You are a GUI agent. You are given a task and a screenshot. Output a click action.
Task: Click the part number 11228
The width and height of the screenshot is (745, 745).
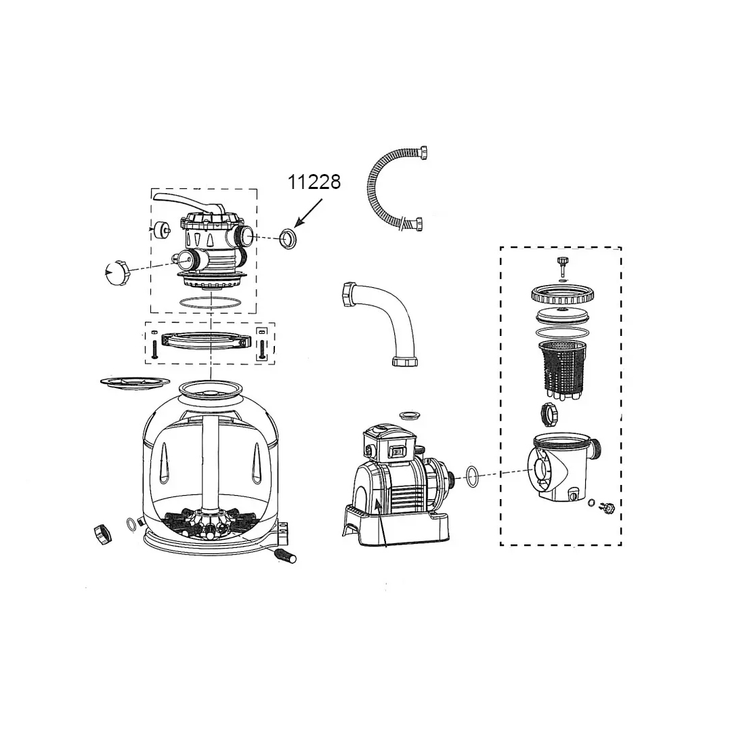[x=314, y=182]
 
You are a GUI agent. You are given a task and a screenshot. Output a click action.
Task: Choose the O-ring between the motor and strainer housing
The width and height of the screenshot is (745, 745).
[x=473, y=476]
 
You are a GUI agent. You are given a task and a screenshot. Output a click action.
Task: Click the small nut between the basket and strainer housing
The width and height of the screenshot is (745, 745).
[x=549, y=413]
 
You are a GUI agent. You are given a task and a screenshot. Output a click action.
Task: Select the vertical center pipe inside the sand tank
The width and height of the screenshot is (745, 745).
[x=211, y=461]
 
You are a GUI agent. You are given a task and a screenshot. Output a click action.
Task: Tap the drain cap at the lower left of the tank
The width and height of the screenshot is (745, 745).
[x=104, y=534]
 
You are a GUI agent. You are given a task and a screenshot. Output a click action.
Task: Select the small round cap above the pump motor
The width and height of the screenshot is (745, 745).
[x=410, y=414]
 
